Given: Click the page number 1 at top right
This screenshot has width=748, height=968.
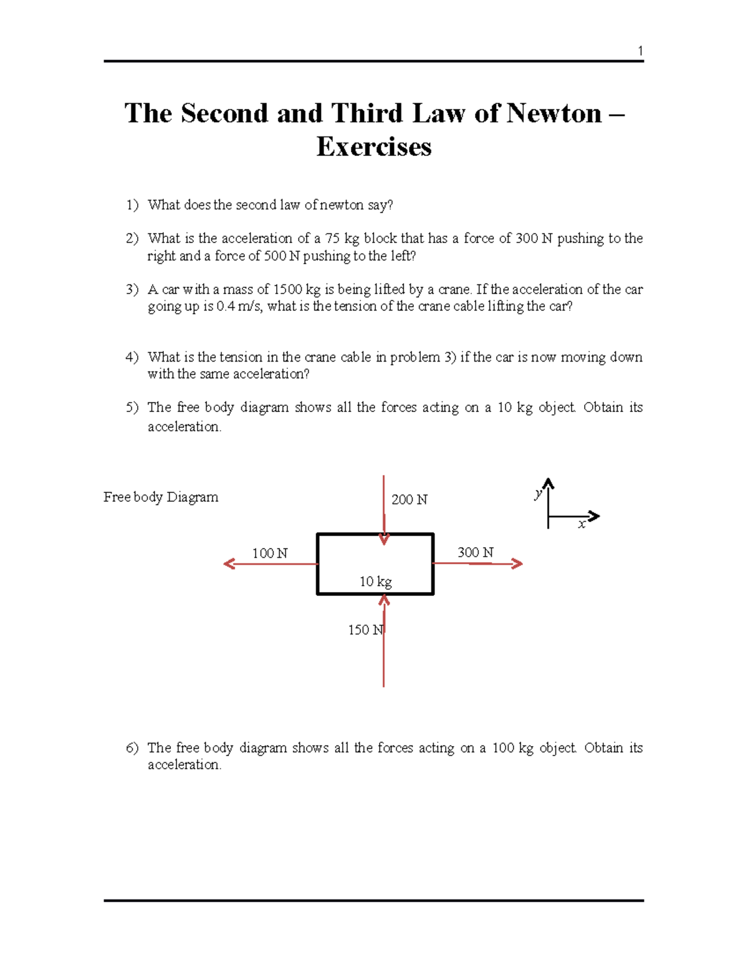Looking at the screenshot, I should tap(640, 51).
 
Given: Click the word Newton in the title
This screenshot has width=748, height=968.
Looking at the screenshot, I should tap(554, 113).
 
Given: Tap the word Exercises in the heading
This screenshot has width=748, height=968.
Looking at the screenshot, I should tap(374, 147).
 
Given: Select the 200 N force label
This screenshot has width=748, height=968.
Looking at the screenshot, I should tap(409, 499).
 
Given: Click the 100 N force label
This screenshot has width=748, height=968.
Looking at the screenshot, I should tap(269, 553).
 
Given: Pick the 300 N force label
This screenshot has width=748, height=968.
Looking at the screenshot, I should tap(475, 552).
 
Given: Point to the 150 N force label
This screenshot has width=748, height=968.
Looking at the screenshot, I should tap(366, 630).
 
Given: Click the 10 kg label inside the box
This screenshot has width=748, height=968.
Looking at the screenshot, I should tap(375, 582).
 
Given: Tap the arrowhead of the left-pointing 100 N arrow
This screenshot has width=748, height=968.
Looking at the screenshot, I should tap(229, 564).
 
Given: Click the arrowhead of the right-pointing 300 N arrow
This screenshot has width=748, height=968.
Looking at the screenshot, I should tap(517, 563).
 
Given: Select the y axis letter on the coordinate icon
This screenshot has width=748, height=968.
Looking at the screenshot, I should tap(538, 494).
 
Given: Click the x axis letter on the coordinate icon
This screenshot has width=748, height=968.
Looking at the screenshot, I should tap(582, 524).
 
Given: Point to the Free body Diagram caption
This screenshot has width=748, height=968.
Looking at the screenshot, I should tap(161, 497).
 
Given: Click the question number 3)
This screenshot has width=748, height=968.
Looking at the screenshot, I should tap(132, 289).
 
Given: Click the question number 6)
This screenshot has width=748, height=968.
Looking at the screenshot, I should tap(132, 747).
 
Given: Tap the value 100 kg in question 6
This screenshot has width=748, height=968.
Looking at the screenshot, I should tap(512, 747).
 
